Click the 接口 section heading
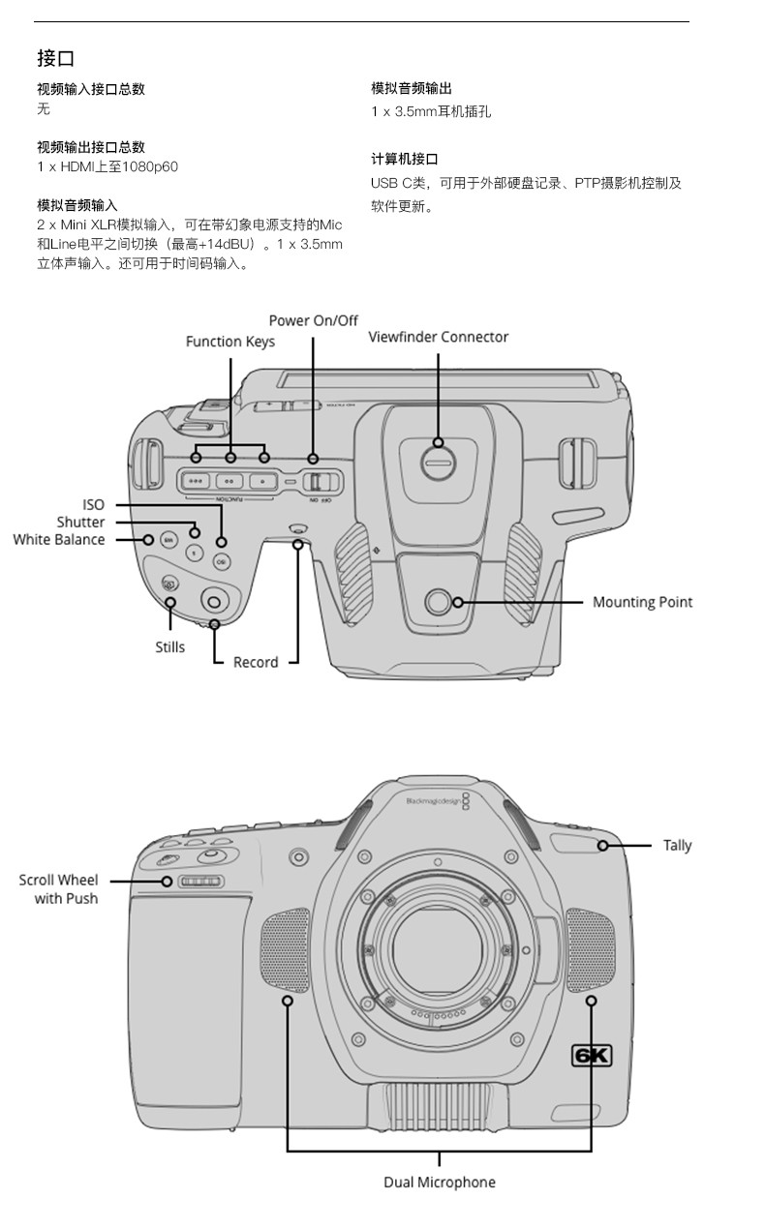[55, 58]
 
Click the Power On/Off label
[314, 320]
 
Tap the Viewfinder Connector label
[438, 337]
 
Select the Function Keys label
[230, 343]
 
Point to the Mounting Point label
[642, 603]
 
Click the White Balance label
[59, 540]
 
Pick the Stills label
[170, 647]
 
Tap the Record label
[256, 663]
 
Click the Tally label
[677, 846]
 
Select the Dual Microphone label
[440, 1183]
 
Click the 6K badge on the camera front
[592, 1056]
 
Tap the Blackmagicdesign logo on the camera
[438, 801]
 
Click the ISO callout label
[93, 505]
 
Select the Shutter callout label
[80, 523]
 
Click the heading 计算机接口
[405, 160]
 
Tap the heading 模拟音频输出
[411, 88]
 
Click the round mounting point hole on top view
[438, 602]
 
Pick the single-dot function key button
[261, 482]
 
